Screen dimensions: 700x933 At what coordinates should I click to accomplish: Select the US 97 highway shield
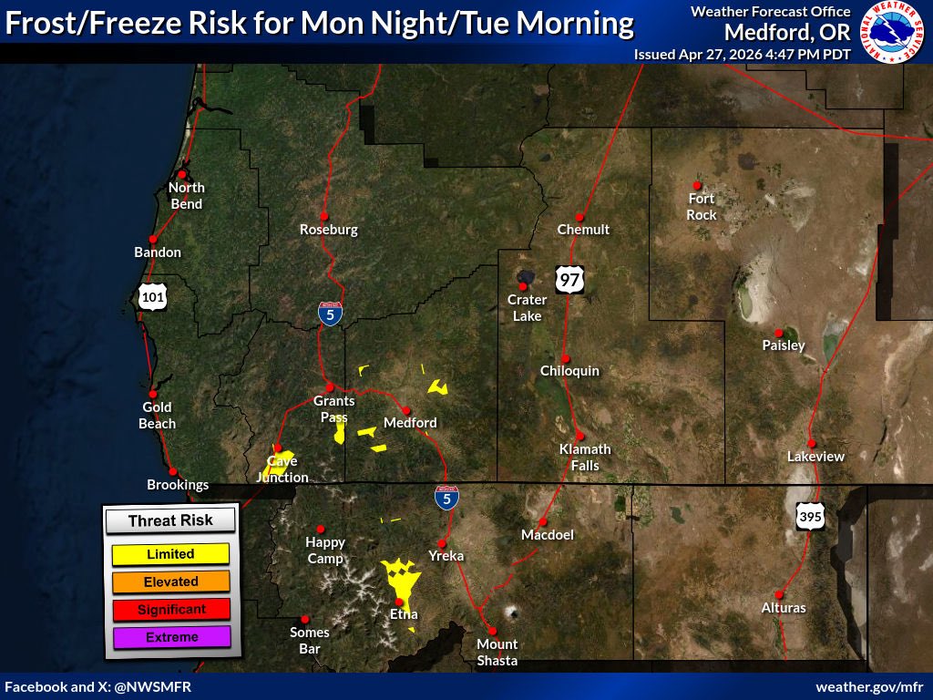[x=569, y=279]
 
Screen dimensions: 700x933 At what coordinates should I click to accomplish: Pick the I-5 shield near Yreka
[x=446, y=498]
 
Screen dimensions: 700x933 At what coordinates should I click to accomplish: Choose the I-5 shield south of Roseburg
[x=331, y=315]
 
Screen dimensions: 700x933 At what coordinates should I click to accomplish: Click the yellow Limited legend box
[x=170, y=553]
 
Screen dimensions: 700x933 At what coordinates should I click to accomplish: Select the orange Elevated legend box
[x=170, y=582]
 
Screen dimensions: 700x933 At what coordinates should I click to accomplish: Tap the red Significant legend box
[x=170, y=609]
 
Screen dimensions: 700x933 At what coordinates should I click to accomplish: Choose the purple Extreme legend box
[x=170, y=637]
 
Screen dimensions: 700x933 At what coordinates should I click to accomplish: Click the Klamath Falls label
[x=585, y=457]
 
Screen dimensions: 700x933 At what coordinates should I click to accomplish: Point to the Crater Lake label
[x=527, y=307]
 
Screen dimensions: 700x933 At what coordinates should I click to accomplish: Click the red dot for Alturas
[x=779, y=594]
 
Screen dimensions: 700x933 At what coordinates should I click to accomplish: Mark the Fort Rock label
[x=702, y=206]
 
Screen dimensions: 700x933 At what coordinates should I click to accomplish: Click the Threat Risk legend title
[x=170, y=520]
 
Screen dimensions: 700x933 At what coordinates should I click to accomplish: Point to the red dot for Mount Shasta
[x=492, y=631]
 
